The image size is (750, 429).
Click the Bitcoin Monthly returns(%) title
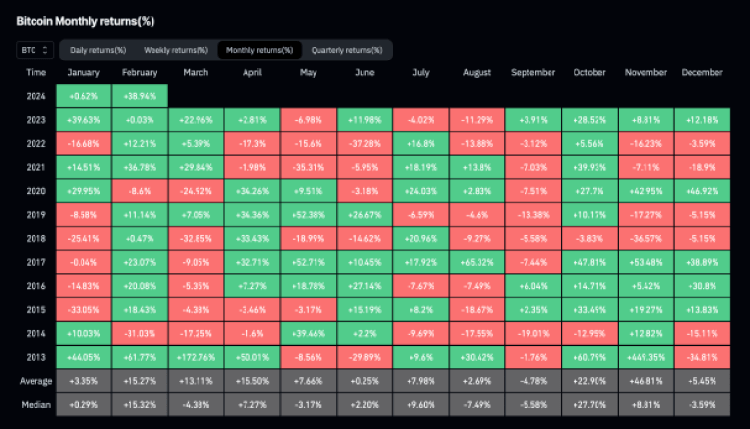85,20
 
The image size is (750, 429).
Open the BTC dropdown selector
35,50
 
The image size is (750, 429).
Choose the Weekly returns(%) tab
176,50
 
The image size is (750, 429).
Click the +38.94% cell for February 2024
140,96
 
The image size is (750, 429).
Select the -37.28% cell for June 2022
364,142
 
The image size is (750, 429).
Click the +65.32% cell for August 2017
477,258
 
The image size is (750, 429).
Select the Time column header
35,72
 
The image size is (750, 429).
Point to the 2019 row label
35,212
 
